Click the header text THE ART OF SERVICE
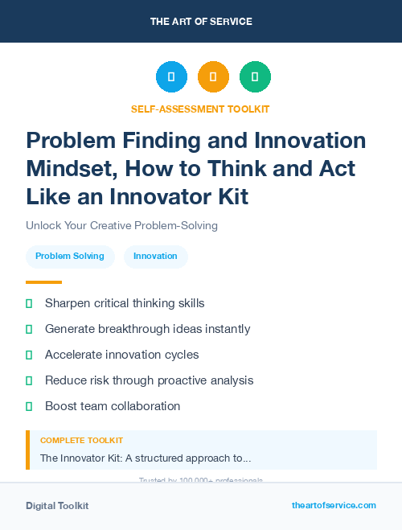coord(201,22)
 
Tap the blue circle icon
coord(171,77)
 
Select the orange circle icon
coord(213,77)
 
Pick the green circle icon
coord(255,77)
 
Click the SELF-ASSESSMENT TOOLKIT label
coord(201,109)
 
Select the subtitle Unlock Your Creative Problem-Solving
coord(121,226)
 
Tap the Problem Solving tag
coord(70,256)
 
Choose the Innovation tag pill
coord(155,256)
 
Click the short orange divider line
coord(43,282)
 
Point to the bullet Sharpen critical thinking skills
coord(125,303)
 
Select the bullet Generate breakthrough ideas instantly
coord(147,329)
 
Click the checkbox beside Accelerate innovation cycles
coord(29,355)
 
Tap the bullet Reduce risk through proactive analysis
coord(149,380)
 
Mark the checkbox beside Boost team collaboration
coord(29,406)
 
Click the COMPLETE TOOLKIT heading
coord(81,441)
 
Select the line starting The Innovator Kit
coord(146,458)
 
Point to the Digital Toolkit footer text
coord(57,506)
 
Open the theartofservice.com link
coord(334,505)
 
